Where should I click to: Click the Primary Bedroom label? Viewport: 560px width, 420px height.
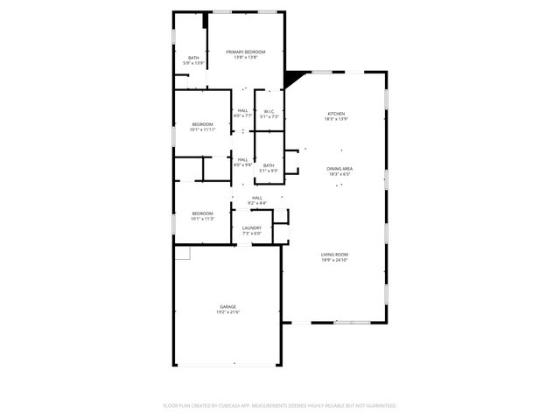tap(246, 52)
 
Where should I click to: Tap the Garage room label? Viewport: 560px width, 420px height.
tap(228, 306)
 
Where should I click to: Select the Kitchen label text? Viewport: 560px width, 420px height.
tap(337, 114)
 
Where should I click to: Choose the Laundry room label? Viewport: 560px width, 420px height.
tap(251, 227)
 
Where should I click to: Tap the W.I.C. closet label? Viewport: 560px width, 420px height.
tap(269, 111)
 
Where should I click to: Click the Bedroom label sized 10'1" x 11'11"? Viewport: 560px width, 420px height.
tap(202, 124)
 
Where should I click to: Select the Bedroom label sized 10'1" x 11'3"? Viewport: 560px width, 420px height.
tap(202, 213)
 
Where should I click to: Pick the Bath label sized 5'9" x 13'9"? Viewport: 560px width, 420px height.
tap(193, 58)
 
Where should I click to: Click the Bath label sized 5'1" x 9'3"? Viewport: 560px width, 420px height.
tap(269, 165)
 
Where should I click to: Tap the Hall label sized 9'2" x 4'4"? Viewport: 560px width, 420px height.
tap(257, 198)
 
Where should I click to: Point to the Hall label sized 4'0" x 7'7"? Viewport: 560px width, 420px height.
tap(242, 111)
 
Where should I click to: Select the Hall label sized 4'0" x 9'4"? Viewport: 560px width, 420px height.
tap(242, 159)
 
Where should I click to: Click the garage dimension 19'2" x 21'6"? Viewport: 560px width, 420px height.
tap(228, 311)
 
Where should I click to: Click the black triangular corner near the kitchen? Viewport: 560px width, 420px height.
tap(295, 78)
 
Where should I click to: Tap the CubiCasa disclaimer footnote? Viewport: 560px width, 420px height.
tap(280, 405)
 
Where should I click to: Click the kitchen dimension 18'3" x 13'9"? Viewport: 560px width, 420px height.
tap(337, 119)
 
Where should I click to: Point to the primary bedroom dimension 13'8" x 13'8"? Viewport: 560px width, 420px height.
tap(246, 58)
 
